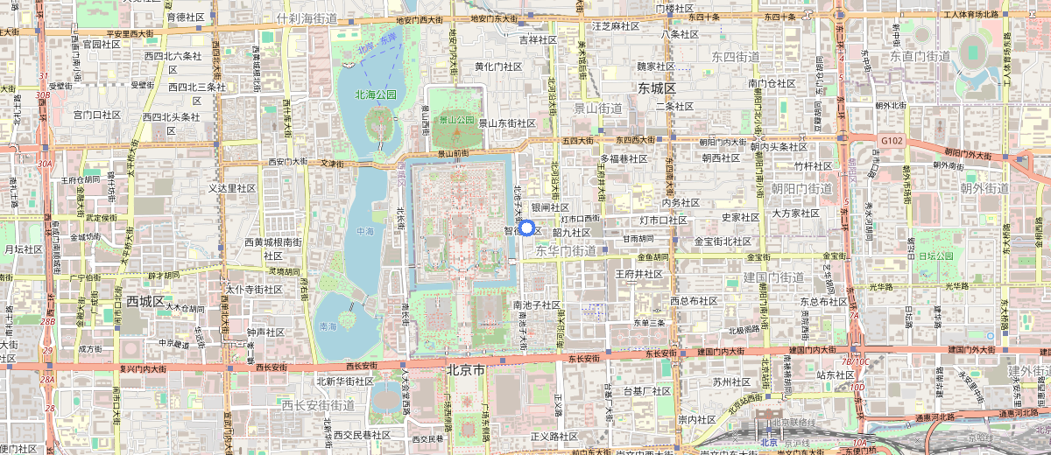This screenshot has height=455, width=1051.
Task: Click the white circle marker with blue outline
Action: click(526, 228)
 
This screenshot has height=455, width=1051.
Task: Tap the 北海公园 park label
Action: click(376, 94)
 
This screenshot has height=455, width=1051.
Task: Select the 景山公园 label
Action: click(456, 120)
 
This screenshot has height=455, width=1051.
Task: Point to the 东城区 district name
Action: click(657, 88)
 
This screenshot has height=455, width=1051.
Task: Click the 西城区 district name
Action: click(145, 301)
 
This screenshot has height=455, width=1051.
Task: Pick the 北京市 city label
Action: click(465, 369)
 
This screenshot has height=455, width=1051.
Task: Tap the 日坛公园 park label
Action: click(934, 255)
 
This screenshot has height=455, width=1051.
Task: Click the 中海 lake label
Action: click(365, 231)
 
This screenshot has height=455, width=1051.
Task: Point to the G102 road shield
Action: click(892, 140)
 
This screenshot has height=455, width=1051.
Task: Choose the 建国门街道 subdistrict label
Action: click(773, 277)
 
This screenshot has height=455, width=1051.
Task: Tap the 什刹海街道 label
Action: click(307, 17)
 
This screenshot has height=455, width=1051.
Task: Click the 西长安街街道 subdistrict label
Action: click(318, 405)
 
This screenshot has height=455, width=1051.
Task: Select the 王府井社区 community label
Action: click(638, 274)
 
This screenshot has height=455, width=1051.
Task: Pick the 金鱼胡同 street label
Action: click(652, 257)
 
